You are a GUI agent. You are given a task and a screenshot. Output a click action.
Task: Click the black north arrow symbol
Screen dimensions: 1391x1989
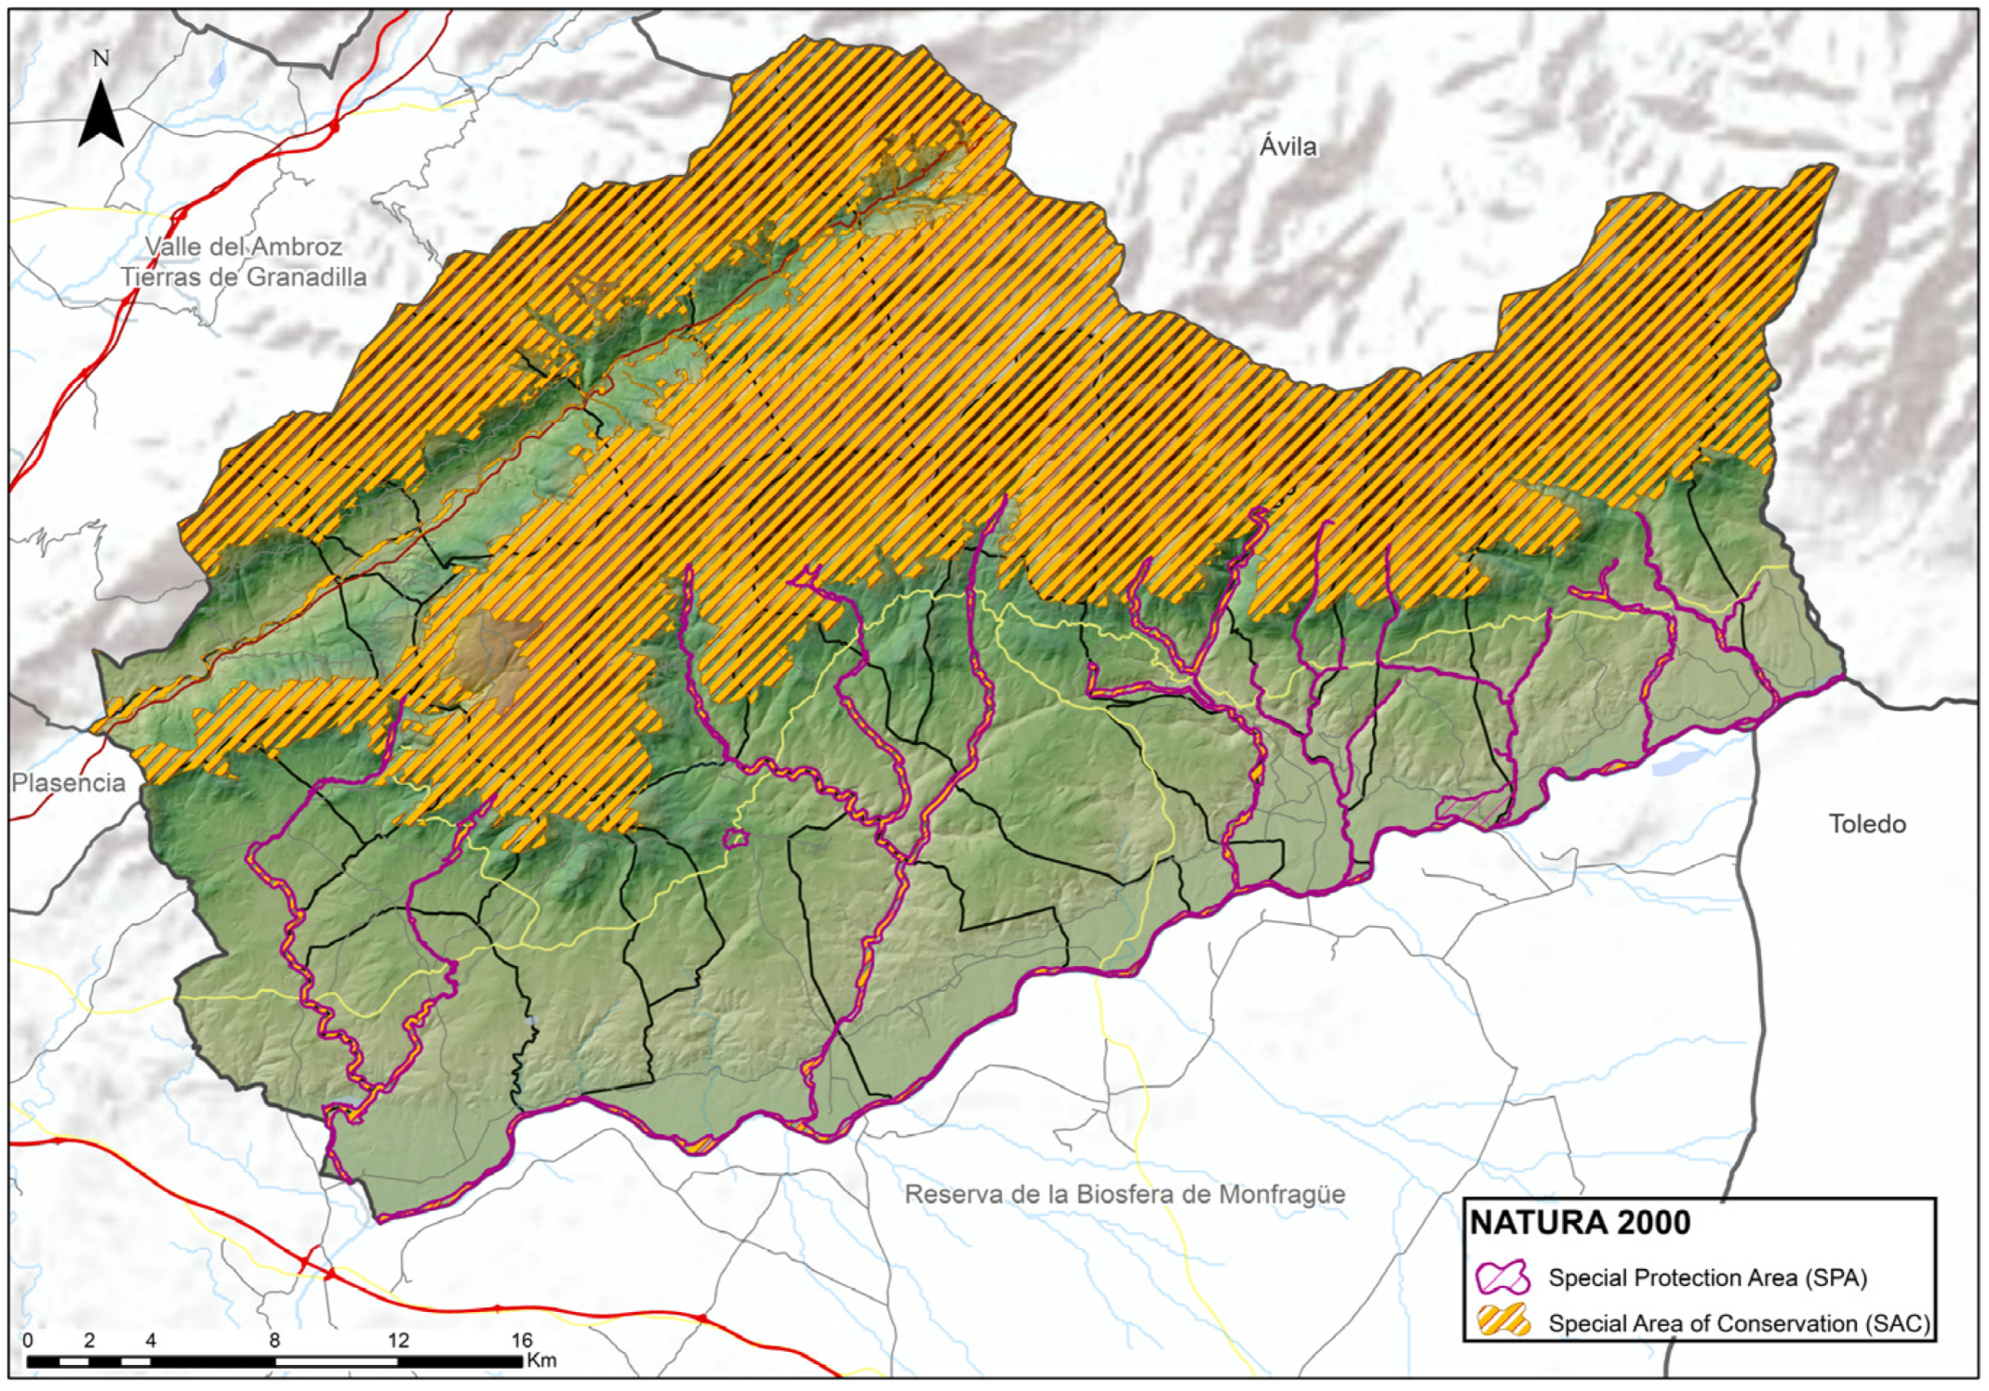point(100,115)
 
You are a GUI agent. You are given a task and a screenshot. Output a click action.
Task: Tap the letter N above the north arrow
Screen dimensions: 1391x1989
point(101,59)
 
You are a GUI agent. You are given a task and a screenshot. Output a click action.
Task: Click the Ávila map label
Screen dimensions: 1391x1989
point(1288,146)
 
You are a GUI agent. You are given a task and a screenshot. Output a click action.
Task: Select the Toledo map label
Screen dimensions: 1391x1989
point(1866,824)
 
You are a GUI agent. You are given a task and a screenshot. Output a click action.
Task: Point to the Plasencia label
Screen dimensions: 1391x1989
point(68,783)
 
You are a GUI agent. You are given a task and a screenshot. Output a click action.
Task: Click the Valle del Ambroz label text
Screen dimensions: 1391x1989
point(244,246)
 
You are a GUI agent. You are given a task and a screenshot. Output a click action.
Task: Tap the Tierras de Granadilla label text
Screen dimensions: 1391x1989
point(244,277)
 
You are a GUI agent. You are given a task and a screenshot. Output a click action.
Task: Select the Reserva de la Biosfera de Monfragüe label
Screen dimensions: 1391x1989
point(1125,1195)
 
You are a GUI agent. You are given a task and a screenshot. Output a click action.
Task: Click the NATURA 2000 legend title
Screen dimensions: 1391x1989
point(1579,1223)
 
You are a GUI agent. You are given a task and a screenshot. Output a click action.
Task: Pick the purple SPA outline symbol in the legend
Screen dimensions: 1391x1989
point(1503,1278)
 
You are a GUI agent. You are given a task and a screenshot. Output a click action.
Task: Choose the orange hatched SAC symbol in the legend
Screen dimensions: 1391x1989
point(1503,1322)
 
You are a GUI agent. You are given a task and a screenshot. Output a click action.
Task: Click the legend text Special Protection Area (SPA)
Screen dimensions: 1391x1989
point(1707,1278)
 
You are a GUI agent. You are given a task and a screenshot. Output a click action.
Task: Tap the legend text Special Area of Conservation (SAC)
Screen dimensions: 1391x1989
point(1738,1323)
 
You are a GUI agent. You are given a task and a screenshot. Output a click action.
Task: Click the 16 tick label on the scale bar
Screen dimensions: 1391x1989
point(521,1340)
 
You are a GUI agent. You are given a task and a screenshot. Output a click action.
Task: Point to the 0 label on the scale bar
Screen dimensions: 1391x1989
point(28,1340)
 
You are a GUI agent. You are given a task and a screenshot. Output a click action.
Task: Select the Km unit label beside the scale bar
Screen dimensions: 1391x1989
point(541,1360)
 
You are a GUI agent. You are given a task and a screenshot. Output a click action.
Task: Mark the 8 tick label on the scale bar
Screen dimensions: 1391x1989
point(274,1340)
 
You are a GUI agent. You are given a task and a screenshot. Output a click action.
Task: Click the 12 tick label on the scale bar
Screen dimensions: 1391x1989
point(398,1340)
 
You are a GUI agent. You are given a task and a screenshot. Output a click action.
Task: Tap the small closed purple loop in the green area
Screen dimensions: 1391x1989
point(736,839)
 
